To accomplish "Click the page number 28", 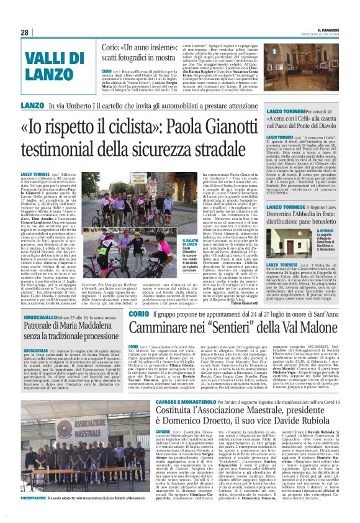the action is pos(24,32).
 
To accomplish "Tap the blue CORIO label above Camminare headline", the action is pos(138,314).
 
